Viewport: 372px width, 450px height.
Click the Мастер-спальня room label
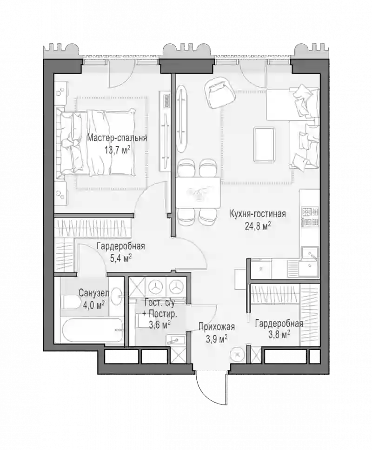click(117, 138)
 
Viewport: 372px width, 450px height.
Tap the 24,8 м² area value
click(258, 226)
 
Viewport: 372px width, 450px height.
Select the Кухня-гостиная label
click(258, 214)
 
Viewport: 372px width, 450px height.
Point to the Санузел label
click(94, 293)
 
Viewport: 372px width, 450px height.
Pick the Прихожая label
click(217, 327)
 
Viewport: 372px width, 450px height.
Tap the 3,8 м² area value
click(279, 335)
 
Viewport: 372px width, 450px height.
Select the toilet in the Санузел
click(71, 302)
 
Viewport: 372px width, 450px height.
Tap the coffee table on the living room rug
click(264, 145)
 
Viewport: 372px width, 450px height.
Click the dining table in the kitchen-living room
click(198, 192)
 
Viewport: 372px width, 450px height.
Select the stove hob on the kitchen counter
click(310, 217)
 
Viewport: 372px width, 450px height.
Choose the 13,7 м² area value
click(118, 150)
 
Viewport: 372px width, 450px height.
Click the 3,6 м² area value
click(160, 324)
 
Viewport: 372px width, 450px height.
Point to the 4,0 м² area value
click(93, 305)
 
